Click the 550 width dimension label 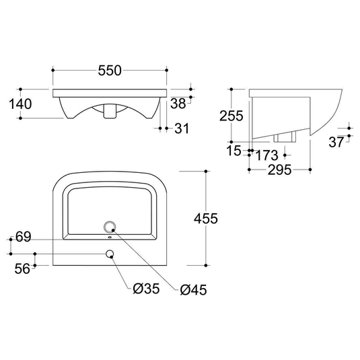[x=110, y=71]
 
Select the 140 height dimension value [x=20, y=104]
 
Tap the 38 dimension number [x=178, y=104]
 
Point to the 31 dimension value [x=182, y=128]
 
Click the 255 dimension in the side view [x=231, y=116]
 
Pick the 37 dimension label [x=336, y=142]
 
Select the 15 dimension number [x=233, y=151]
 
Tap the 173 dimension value [x=266, y=155]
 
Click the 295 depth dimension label [x=280, y=170]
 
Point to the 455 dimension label [x=206, y=218]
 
